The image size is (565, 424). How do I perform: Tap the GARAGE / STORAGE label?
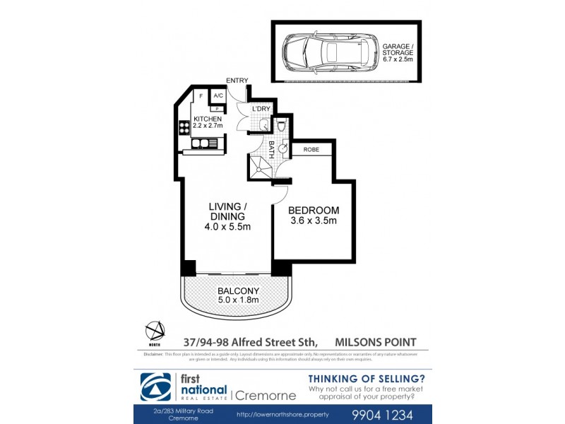(x=398, y=53)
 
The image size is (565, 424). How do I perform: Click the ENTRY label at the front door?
(x=235, y=81)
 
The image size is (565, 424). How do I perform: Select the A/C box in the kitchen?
(x=218, y=95)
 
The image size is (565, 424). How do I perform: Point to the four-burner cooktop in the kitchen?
(x=184, y=129)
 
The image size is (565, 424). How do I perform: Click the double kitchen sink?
(x=204, y=144)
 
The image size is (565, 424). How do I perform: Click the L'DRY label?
(x=262, y=108)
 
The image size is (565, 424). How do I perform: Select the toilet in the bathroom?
(x=281, y=126)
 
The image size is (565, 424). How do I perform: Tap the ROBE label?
(x=311, y=150)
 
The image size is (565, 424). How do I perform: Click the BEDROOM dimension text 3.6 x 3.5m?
(x=314, y=220)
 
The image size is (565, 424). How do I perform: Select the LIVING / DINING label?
(x=227, y=211)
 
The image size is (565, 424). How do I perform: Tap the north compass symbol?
(x=155, y=330)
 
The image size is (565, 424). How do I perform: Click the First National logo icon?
(x=155, y=387)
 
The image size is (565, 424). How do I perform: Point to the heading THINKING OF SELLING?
(x=367, y=377)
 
